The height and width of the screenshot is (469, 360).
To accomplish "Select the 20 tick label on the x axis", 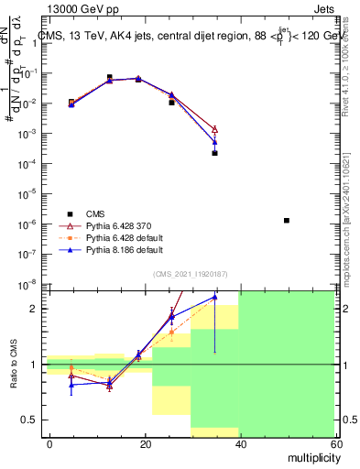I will (145, 443).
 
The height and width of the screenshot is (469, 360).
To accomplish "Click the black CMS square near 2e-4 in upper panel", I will (214, 153).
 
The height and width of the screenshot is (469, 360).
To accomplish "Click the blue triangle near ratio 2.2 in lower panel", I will (214, 297).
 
